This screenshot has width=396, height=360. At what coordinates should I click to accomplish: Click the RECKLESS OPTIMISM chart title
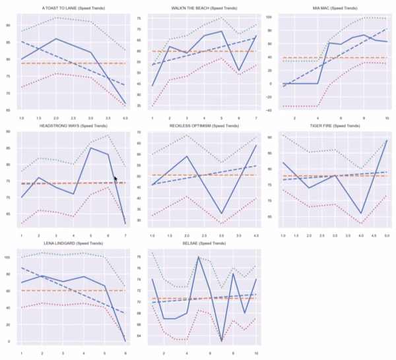[199, 127]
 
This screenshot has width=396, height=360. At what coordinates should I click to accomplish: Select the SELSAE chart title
[199, 245]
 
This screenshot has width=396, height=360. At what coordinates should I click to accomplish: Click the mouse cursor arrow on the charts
[115, 178]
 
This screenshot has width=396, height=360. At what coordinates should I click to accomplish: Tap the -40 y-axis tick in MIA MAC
[267, 106]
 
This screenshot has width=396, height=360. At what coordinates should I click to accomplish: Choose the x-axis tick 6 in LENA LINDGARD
[125, 353]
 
